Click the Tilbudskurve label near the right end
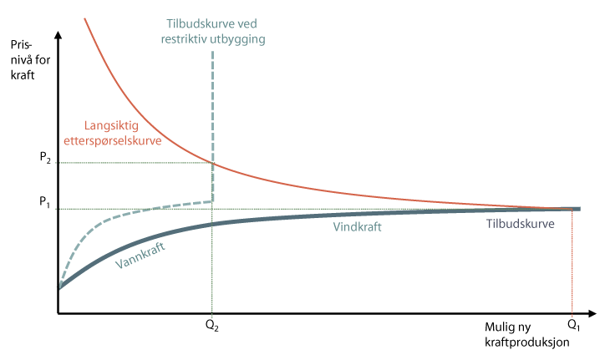(521, 223)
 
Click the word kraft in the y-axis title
(23, 76)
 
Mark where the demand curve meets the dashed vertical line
(213, 162)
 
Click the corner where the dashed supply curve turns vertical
(213, 200)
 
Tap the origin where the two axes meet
(58, 314)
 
